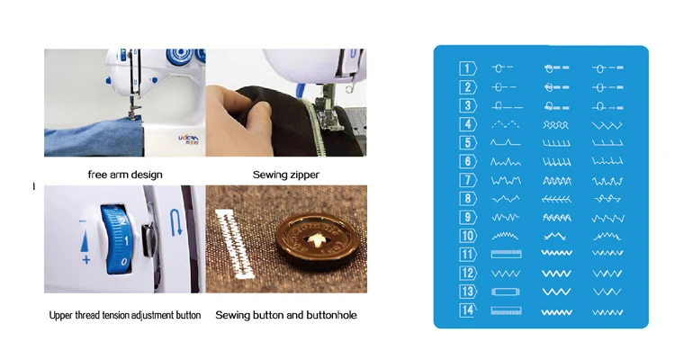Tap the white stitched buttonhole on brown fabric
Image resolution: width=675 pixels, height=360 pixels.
[236, 244]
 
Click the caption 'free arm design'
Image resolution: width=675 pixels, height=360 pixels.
[125, 174]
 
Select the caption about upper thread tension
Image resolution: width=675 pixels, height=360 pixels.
[125, 316]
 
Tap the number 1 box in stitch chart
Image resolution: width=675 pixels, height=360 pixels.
[468, 68]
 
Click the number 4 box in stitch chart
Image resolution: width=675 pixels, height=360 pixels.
[468, 124]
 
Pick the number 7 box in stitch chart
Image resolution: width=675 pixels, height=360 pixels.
[468, 180]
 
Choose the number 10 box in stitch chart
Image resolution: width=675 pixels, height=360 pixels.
[468, 236]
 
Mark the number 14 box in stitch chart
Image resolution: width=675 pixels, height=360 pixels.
[468, 310]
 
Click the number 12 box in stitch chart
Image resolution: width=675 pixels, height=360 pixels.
[468, 273]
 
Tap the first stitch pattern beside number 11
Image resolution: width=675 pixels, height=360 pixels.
[506, 254]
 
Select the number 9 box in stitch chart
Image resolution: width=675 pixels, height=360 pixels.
[468, 217]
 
